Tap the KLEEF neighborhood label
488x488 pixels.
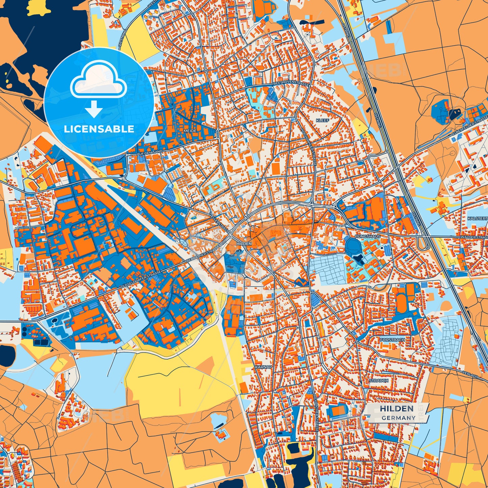(x=322, y=120)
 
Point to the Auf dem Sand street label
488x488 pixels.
(x=150, y=153)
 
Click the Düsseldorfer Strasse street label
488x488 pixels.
(x=141, y=279)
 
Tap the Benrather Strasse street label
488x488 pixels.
(x=203, y=256)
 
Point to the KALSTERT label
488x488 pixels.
(x=478, y=219)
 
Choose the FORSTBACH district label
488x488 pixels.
(x=392, y=340)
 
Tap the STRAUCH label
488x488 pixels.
(x=379, y=380)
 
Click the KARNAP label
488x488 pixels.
(x=263, y=366)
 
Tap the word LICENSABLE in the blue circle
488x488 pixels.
(x=99, y=129)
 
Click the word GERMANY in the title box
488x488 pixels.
(x=399, y=418)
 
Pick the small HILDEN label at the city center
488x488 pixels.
(x=244, y=243)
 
